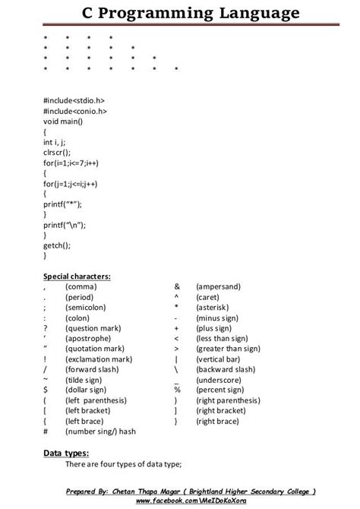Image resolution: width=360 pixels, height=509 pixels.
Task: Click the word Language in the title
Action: tap(251, 14)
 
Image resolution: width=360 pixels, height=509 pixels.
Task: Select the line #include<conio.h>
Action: tap(75, 111)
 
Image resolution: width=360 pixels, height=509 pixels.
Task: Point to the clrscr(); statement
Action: tap(56, 152)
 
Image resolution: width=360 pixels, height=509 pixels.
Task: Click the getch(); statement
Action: tap(57, 245)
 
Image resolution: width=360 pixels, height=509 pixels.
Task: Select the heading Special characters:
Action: tap(77, 276)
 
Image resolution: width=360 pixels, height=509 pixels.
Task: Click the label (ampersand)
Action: tap(218, 286)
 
